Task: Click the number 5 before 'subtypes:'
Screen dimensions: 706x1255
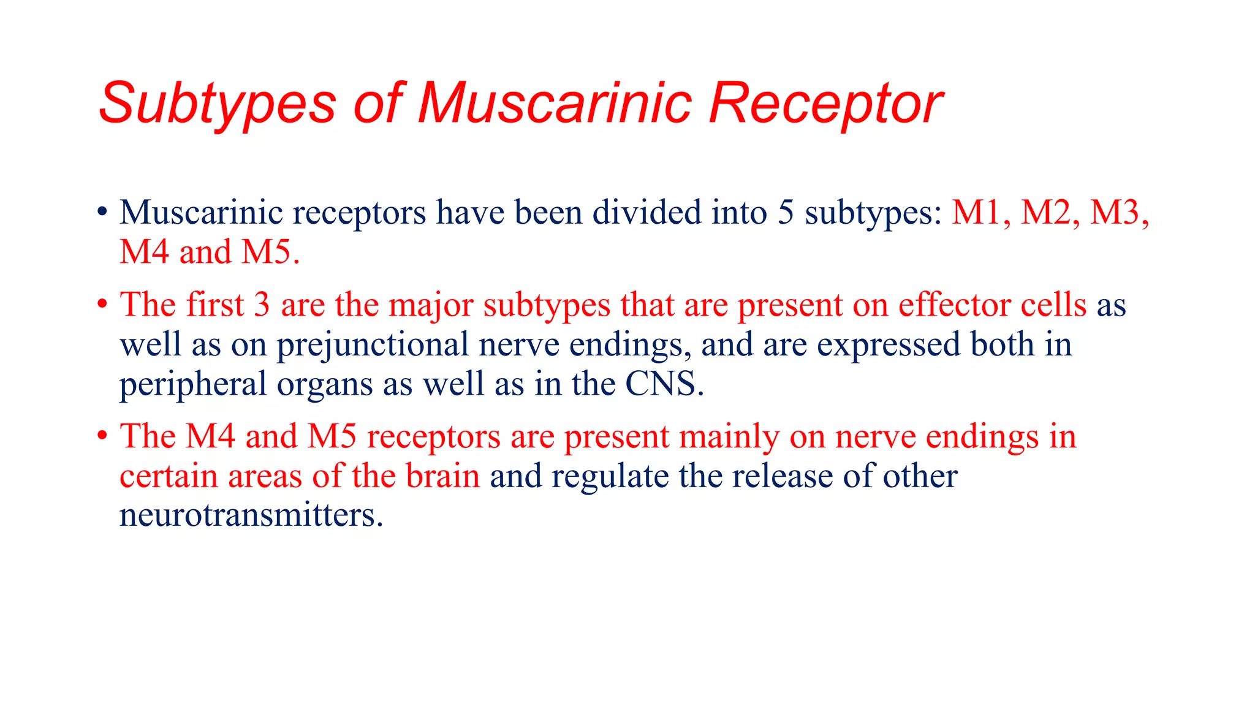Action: point(786,213)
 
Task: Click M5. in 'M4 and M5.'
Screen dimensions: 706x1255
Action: point(270,252)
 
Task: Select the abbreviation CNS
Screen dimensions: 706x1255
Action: point(664,384)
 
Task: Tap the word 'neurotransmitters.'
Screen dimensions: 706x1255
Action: point(251,515)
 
